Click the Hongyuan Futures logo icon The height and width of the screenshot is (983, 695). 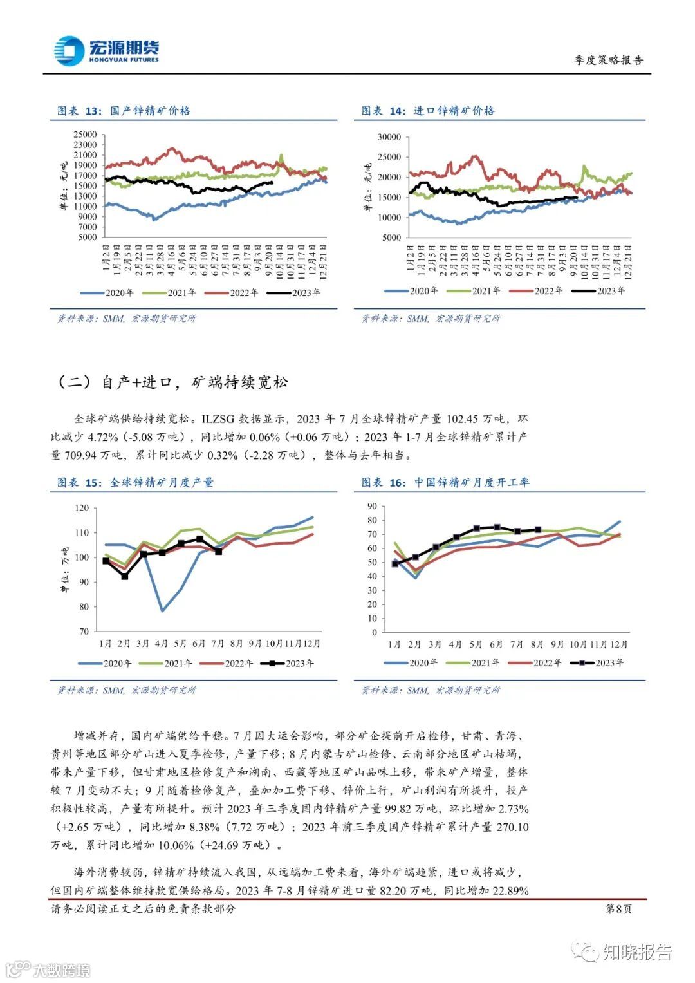(x=69, y=51)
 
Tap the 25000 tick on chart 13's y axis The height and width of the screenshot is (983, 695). (x=85, y=135)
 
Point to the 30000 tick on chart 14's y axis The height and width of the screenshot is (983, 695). (x=389, y=137)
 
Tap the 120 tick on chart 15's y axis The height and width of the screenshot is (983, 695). (x=82, y=508)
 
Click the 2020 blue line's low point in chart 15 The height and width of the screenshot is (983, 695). (x=162, y=611)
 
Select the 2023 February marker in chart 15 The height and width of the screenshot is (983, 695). (x=125, y=576)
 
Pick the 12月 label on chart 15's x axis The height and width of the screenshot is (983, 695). (x=312, y=643)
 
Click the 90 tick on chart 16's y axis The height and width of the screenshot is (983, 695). (x=372, y=506)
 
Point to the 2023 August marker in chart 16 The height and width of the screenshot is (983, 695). (x=538, y=530)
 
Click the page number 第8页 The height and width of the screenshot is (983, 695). (x=619, y=908)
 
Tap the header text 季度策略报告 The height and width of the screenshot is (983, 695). (x=608, y=60)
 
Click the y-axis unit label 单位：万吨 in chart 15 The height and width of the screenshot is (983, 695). (x=64, y=569)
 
